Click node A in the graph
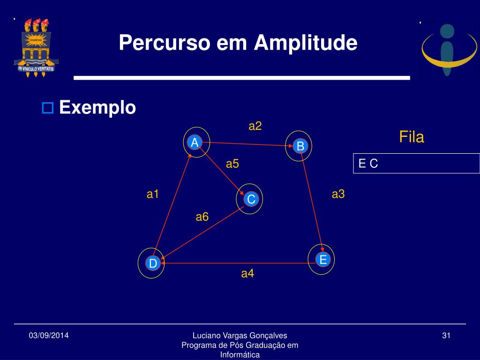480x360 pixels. [x=195, y=142]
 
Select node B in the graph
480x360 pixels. [x=300, y=146]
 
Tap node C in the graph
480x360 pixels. [x=251, y=199]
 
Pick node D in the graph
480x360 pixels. [x=153, y=263]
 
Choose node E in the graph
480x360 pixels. [x=323, y=260]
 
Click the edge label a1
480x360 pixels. [x=153, y=194]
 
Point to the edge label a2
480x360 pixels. [x=255, y=126]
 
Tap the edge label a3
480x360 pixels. [x=338, y=194]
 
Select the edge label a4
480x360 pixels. [x=247, y=273]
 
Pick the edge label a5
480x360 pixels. [x=232, y=164]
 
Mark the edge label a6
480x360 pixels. [x=202, y=217]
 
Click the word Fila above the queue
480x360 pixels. [x=412, y=137]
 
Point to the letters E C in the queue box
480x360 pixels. [x=368, y=164]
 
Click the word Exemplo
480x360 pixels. [x=97, y=107]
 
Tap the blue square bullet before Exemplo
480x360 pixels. [x=47, y=108]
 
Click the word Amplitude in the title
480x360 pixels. [x=306, y=43]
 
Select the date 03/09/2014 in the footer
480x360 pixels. [x=49, y=336]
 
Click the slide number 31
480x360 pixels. [x=446, y=336]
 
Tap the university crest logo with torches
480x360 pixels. [x=36, y=47]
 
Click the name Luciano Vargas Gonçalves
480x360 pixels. [x=240, y=336]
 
